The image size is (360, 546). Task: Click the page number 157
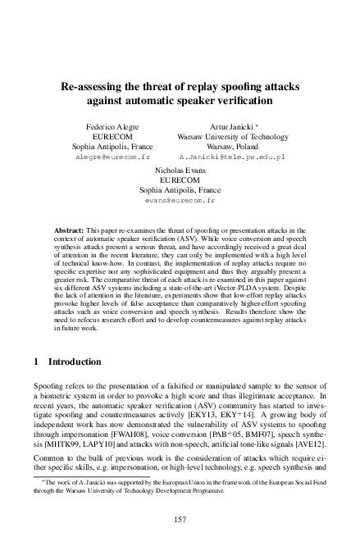180,519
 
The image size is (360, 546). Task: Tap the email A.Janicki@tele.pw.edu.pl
232,155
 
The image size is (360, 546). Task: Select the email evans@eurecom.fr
180,199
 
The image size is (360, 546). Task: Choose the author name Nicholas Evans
180,171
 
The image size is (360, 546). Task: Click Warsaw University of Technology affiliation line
232,137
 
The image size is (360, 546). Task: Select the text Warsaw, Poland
232,146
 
